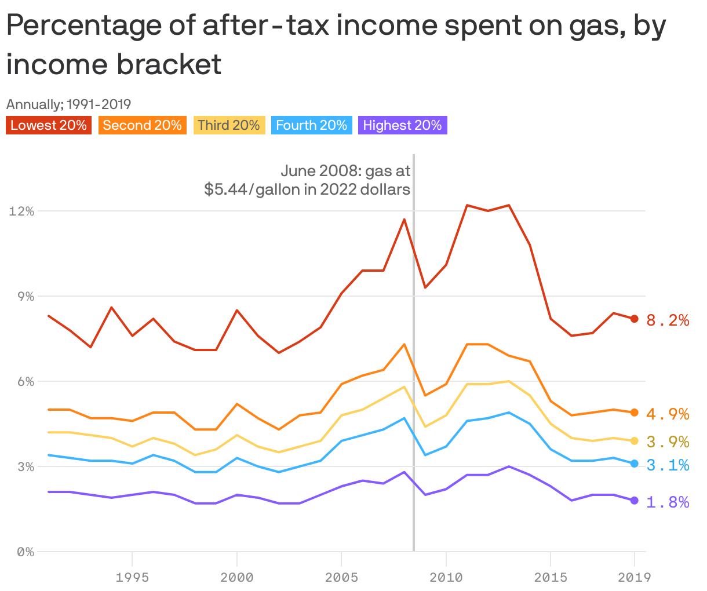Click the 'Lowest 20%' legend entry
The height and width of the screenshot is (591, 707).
pos(49,125)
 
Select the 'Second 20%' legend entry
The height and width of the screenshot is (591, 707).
pos(142,125)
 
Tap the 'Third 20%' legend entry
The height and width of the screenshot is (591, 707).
pos(229,125)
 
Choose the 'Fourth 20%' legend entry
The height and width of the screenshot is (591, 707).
pos(311,125)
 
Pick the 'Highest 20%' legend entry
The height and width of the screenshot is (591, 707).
pos(402,125)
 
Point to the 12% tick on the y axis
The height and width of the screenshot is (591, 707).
pos(21,211)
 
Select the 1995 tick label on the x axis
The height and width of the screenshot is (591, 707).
pos(132,577)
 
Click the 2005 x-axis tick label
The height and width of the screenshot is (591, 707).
pos(341,577)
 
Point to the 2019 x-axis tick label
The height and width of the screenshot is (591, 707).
pos(634,577)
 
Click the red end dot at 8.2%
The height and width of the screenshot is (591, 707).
pos(634,319)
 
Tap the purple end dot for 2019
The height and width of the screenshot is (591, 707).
pos(634,501)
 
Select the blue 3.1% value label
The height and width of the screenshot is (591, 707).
pos(668,465)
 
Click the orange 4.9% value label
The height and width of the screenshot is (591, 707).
pos(668,414)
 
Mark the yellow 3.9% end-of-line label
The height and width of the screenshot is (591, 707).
pos(668,442)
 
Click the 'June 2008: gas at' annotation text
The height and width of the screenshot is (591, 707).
pos(345,171)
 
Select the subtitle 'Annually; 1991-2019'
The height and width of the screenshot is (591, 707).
pos(68,104)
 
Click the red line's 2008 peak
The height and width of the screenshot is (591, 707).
pos(404,220)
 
